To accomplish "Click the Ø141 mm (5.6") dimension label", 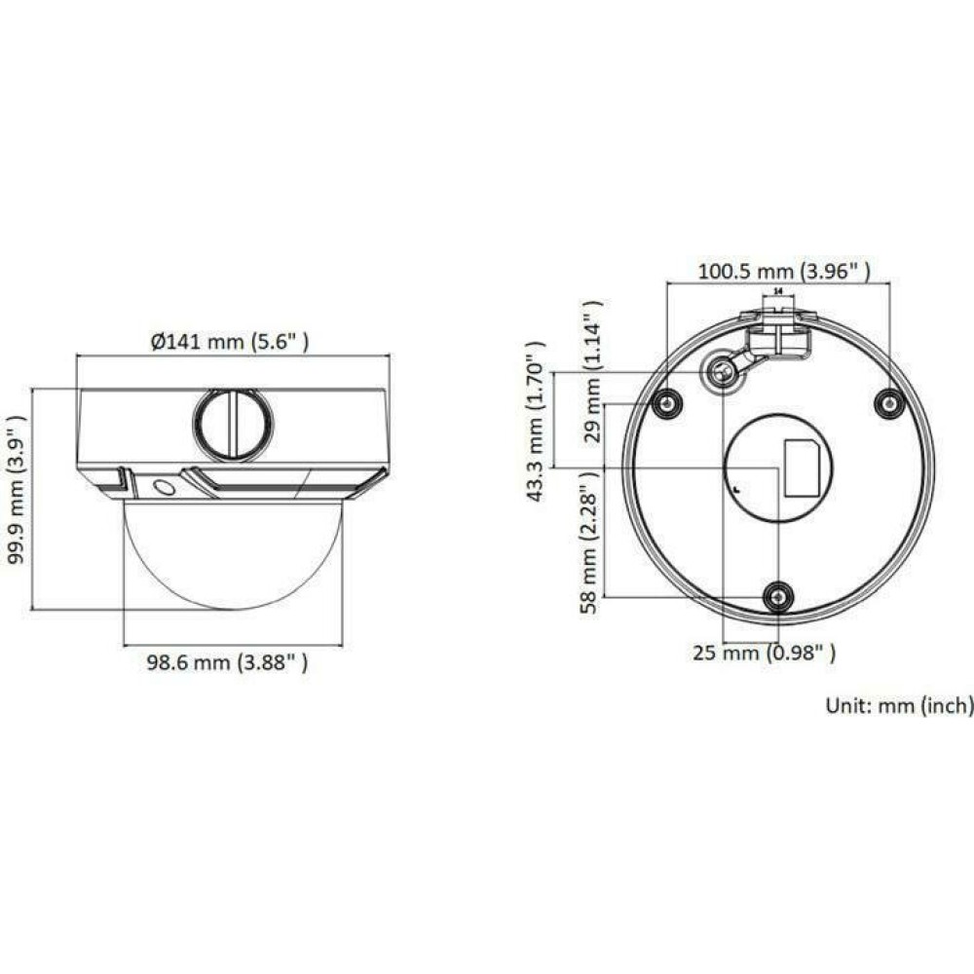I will click(231, 341).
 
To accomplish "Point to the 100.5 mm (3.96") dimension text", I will click(783, 272).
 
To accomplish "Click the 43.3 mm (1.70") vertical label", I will click(534, 421).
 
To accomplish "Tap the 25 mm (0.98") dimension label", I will click(764, 653).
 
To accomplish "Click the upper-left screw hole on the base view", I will click(666, 403).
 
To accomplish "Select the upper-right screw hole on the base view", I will click(887, 402).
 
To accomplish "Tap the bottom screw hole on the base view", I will click(777, 596).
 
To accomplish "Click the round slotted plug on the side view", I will click(234, 425).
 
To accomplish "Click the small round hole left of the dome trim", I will click(165, 486).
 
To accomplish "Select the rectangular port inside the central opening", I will click(803, 468).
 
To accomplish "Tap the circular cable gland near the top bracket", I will click(722, 372).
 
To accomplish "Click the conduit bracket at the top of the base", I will click(778, 331).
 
